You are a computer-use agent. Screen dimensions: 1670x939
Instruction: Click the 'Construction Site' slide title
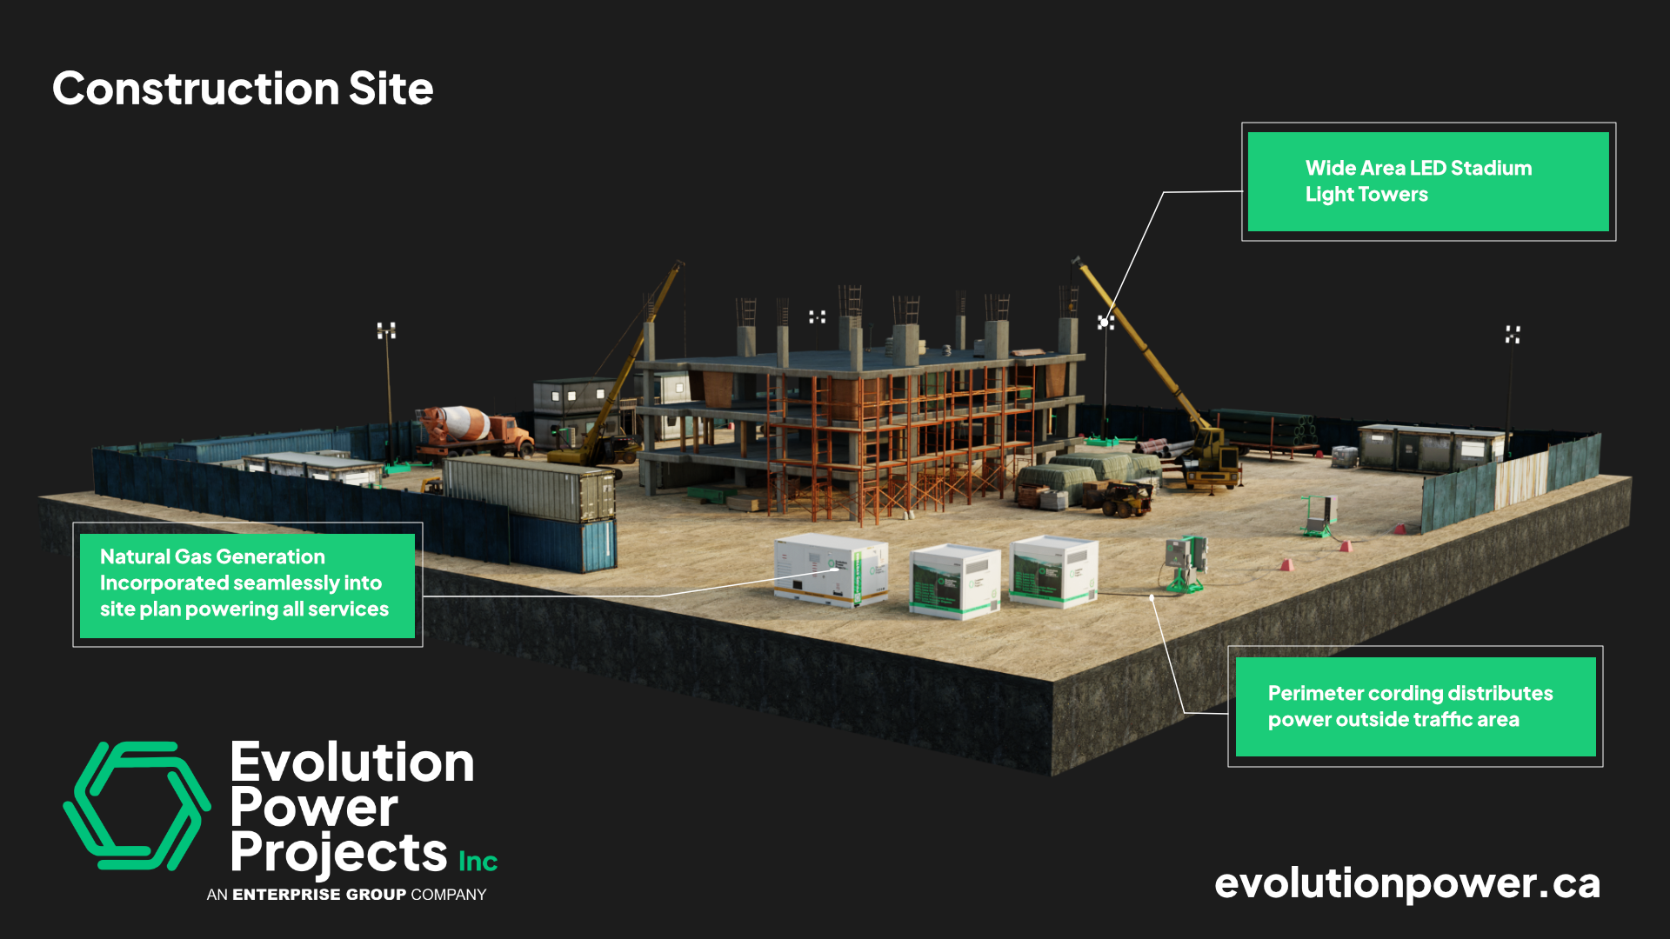[243, 89]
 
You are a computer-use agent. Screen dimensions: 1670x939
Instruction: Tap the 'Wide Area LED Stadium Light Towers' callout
[1427, 182]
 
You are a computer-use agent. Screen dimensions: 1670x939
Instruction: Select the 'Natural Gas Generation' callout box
[247, 584]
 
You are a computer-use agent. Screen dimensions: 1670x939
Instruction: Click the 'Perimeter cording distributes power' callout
[1415, 706]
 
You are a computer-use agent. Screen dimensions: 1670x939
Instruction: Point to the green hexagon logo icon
[137, 806]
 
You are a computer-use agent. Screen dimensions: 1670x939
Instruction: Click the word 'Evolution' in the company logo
[352, 763]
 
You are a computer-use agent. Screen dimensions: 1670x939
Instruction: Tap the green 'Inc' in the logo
[478, 861]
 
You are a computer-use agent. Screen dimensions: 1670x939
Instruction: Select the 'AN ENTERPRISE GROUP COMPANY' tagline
[346, 895]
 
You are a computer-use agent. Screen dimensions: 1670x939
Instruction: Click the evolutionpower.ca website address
[1406, 883]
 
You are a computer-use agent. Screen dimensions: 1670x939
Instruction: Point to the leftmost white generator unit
[831, 569]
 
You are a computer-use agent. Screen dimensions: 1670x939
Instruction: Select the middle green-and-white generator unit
[954, 581]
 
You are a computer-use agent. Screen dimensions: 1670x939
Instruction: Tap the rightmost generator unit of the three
[1053, 569]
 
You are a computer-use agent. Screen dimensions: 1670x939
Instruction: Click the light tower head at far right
[1513, 335]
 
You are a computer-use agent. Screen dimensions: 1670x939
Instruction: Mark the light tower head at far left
[386, 330]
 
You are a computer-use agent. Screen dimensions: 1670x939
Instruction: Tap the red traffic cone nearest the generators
[1286, 565]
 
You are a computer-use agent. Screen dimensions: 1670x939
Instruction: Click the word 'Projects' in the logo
[338, 853]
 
